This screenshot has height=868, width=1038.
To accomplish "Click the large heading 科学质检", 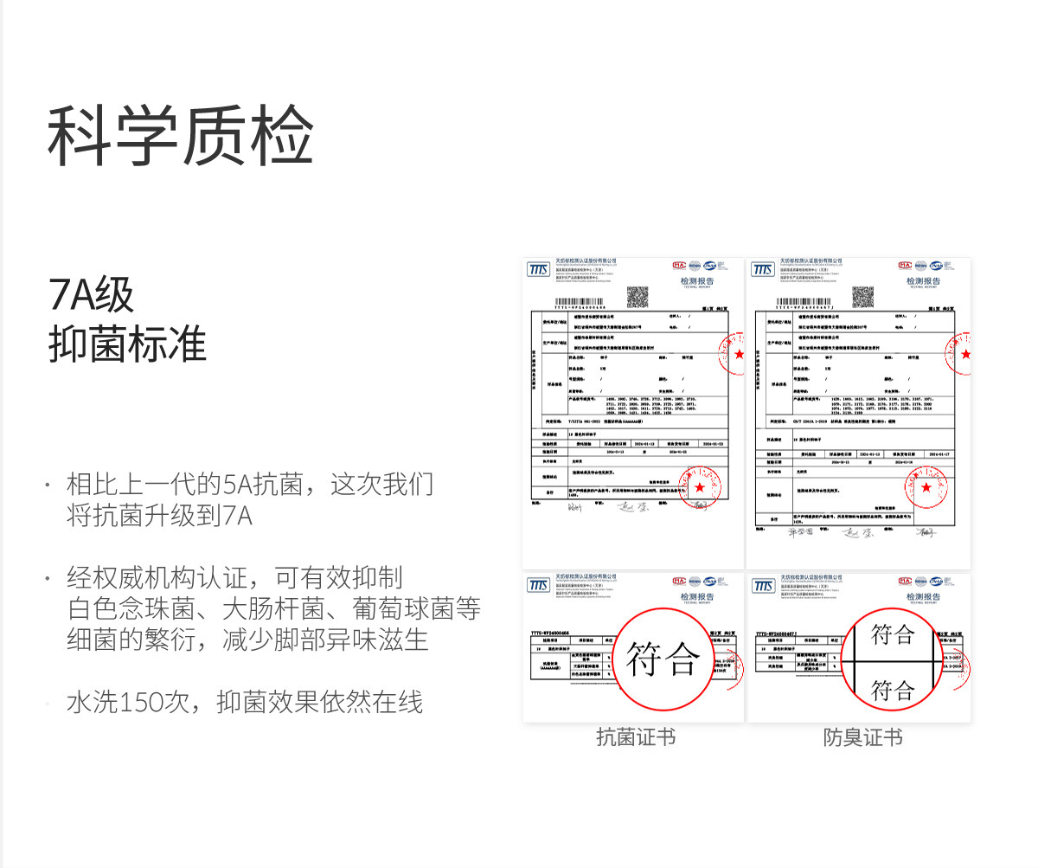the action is (x=180, y=136).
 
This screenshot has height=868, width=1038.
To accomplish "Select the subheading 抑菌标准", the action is (x=127, y=344).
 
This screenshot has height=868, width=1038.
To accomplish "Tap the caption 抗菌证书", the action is (x=636, y=737).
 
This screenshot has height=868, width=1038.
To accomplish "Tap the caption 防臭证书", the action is (x=862, y=737).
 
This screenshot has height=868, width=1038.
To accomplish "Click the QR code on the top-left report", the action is (x=638, y=296).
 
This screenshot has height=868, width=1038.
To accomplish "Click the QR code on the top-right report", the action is (x=862, y=296).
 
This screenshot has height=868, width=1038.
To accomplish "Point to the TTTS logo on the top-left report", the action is (x=538, y=269).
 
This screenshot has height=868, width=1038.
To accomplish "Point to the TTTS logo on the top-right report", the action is (x=763, y=269).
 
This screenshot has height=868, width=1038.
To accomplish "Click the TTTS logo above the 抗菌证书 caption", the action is (x=538, y=586).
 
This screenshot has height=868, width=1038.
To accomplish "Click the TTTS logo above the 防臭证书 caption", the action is (x=763, y=586).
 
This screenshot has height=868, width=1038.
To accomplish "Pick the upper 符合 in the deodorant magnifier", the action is (x=893, y=634).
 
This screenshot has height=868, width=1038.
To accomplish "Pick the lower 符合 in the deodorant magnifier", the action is (x=893, y=690).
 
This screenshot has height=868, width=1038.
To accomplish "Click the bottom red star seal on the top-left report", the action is (x=700, y=487).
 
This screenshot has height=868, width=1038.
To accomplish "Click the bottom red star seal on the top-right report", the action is (x=927, y=487).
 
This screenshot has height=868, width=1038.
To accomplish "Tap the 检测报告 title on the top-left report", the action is (x=699, y=281).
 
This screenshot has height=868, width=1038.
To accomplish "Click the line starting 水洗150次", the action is (x=245, y=702).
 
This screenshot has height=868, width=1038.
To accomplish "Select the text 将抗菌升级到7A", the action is (x=159, y=517).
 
